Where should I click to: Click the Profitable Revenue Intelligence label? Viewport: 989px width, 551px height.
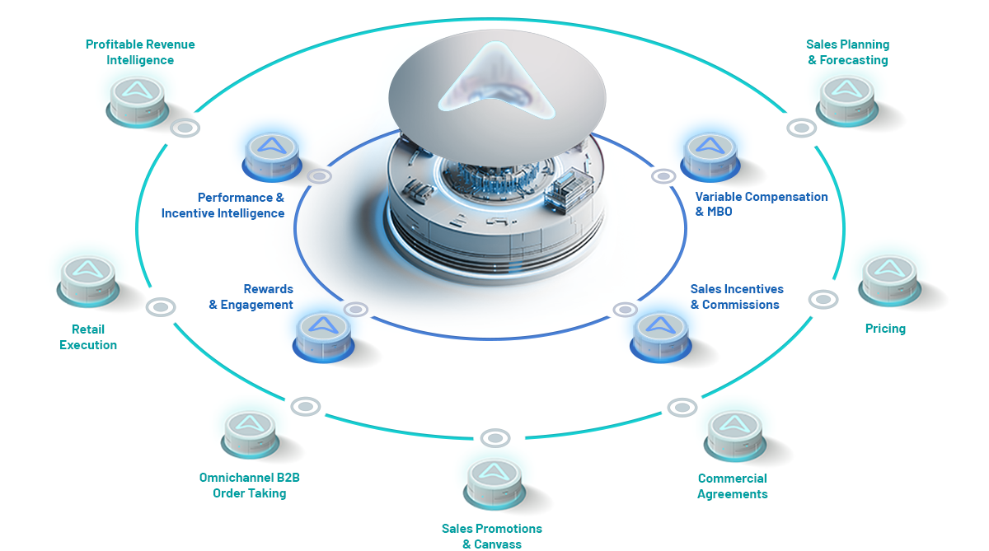click(140, 52)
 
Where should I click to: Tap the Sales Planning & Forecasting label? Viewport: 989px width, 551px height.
click(848, 52)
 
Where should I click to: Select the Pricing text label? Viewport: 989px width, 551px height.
click(885, 329)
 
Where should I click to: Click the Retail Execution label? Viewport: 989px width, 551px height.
click(88, 337)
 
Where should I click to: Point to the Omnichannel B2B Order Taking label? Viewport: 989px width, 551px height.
click(250, 485)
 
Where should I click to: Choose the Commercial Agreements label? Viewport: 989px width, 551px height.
click(733, 486)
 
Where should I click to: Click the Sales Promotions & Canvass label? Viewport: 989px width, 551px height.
click(492, 536)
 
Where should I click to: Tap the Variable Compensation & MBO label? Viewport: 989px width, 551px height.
click(762, 203)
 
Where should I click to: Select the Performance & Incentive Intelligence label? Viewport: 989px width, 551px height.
click(223, 205)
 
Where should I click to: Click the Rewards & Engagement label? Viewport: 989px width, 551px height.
click(251, 297)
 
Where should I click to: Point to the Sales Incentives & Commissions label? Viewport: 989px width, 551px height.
click(737, 297)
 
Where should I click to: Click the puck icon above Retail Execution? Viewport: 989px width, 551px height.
click(88, 282)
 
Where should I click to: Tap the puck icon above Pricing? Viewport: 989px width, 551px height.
click(889, 281)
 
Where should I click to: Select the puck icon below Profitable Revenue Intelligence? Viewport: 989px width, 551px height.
click(138, 102)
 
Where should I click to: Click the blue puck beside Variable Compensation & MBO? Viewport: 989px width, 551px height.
click(710, 157)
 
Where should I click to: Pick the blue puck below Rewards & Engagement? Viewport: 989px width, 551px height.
click(323, 337)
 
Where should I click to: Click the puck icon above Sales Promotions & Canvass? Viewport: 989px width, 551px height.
click(494, 484)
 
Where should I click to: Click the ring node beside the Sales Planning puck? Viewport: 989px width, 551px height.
click(801, 128)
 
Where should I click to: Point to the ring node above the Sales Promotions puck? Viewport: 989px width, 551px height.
click(495, 438)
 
